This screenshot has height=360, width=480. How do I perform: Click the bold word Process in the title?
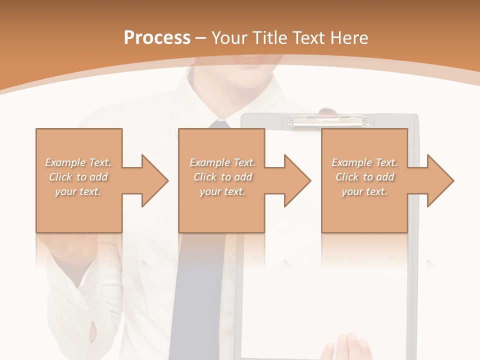click(x=157, y=38)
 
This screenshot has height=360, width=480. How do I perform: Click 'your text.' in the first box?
click(x=78, y=191)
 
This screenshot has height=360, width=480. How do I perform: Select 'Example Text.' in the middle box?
click(x=222, y=162)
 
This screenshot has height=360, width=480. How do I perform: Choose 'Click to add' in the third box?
click(x=365, y=177)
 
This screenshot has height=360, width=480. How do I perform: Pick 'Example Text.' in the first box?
click(x=78, y=162)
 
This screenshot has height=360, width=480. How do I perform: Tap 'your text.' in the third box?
click(x=364, y=191)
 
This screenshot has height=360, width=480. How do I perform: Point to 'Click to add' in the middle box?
click(x=222, y=177)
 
